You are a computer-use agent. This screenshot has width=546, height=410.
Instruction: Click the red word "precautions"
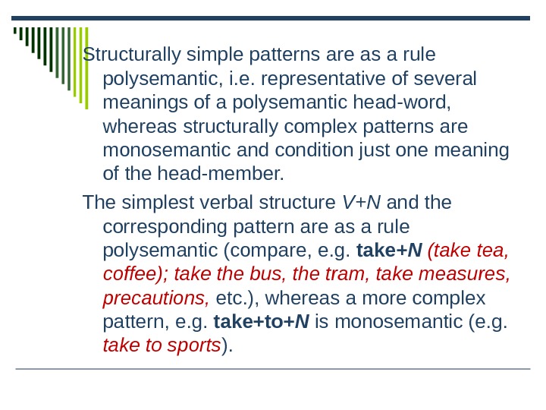[156, 298]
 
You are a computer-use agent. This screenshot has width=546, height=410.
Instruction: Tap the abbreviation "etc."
[234, 298]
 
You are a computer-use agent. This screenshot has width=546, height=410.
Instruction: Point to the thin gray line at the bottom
[273, 370]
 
